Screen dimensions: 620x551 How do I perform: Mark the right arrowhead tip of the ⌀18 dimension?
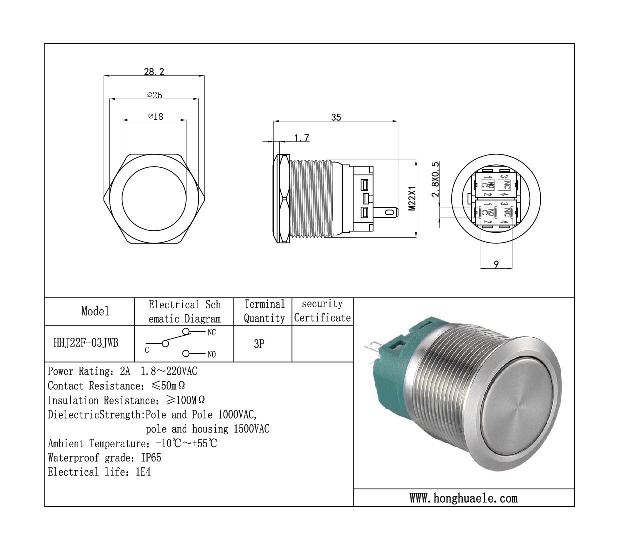pos(186,120)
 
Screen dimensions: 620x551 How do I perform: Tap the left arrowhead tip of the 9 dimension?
pos(480,269)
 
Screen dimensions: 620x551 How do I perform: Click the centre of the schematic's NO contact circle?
pos(186,354)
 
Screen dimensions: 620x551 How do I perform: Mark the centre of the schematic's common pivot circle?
pos(165,344)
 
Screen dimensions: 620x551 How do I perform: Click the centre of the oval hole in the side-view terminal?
pos(388,212)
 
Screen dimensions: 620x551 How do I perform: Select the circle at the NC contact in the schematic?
pos(186,331)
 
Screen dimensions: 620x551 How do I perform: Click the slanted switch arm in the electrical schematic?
pos(179,338)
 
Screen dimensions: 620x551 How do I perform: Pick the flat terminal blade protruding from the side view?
pos(386,212)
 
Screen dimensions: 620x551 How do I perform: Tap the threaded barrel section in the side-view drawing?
pos(311,198)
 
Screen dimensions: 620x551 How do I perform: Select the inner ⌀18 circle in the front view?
pos(154,198)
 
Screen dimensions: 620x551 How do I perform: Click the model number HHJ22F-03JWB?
pos(86,343)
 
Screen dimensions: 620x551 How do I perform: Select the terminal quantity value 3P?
pos(259,344)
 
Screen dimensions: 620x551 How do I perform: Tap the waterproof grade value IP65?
pos(151,458)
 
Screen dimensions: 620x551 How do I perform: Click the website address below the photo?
pos(463,498)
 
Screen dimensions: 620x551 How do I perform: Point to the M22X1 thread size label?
pos(412,198)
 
